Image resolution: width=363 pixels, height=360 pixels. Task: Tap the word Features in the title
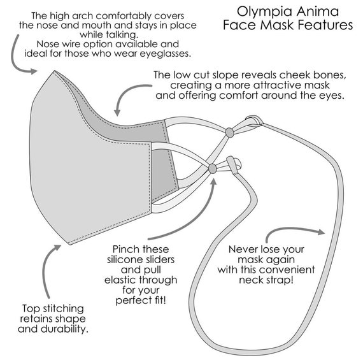(325, 25)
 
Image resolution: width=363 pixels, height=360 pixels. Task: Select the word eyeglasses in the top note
(164, 54)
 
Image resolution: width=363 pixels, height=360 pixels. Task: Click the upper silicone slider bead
(230, 133)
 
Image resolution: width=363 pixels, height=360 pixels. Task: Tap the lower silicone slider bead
(212, 168)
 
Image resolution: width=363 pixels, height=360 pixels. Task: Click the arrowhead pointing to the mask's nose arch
(34, 71)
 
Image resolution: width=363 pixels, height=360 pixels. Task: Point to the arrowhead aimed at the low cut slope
(117, 113)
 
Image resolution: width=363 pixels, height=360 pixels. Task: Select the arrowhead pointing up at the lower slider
(213, 182)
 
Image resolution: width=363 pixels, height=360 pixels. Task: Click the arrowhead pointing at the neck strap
(322, 232)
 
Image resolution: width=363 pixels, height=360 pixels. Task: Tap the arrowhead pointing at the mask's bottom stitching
(57, 248)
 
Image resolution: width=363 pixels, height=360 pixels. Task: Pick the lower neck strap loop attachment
(233, 164)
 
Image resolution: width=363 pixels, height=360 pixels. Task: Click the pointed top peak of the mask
(55, 71)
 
